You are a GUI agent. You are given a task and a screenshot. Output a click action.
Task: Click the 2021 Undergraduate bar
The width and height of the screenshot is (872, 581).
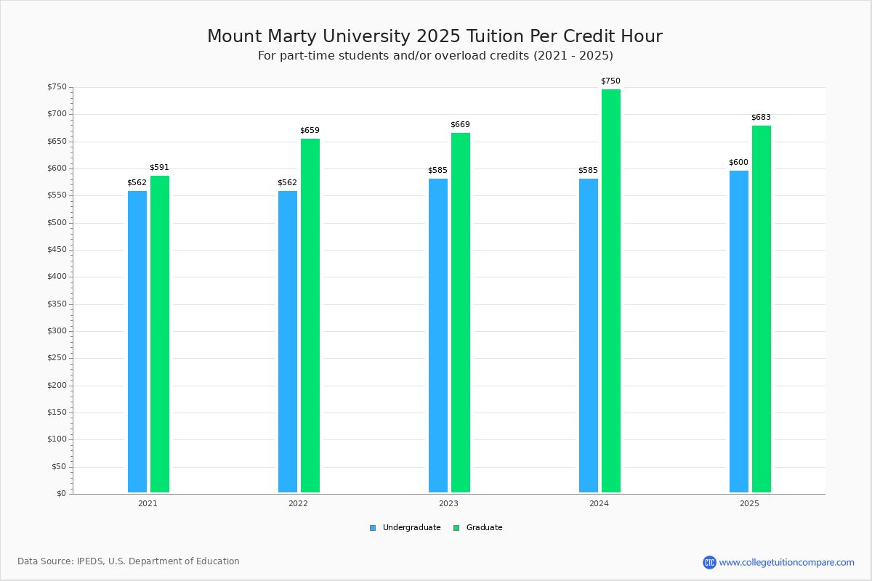click(137, 341)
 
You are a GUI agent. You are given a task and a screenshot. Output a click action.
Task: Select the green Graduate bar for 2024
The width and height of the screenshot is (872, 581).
click(611, 291)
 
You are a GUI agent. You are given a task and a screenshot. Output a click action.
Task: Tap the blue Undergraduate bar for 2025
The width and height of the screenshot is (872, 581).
click(739, 332)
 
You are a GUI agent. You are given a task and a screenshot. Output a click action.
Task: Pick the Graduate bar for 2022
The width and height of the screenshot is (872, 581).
click(310, 316)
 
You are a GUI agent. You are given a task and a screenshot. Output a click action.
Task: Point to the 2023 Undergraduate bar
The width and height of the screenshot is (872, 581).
click(438, 336)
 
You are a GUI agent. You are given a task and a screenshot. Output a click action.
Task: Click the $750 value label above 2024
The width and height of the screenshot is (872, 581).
click(611, 81)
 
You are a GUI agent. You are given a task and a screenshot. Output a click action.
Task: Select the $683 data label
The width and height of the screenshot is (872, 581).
click(761, 117)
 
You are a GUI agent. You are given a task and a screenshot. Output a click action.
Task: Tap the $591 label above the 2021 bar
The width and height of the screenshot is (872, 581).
click(160, 167)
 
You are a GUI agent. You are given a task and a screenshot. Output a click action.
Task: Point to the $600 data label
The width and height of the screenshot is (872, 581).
click(738, 162)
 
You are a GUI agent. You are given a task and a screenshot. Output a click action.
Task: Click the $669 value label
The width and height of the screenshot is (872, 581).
click(461, 124)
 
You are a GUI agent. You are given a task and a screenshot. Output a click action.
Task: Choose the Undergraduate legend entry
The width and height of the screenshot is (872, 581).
click(405, 528)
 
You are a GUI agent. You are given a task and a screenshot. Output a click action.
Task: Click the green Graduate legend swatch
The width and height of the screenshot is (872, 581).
click(456, 528)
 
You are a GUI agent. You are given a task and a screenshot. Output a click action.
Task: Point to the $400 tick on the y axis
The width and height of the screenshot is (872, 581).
click(57, 277)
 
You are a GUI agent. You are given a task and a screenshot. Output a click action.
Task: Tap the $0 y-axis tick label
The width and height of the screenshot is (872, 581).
click(62, 494)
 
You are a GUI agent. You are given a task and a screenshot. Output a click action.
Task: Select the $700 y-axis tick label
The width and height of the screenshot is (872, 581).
click(57, 114)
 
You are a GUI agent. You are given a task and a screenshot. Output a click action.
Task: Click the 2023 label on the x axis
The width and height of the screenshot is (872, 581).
click(448, 503)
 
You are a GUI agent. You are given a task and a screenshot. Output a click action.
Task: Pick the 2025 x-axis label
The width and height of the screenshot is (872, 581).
click(749, 503)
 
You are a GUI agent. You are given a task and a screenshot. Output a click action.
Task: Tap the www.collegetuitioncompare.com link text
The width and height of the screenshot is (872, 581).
click(786, 562)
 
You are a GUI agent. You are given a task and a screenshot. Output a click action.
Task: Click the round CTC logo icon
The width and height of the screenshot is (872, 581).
click(709, 562)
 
